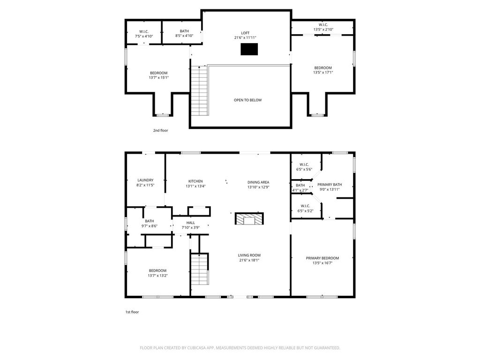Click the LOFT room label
pos(245,33)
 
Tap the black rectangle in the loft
pos(249,49)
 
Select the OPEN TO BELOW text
pos(247,100)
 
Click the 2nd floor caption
pos(161,130)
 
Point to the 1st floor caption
pos(132,312)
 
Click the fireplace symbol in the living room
pos(249,218)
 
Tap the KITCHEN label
pos(195,181)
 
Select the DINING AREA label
pos(258,182)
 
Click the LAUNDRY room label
pos(145,180)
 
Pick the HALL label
pos(191,223)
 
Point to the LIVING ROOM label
pos(249,255)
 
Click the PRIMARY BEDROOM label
pos(322,258)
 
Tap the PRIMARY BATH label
pos(330,185)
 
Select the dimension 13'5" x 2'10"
pos(323,30)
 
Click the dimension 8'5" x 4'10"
pos(184,36)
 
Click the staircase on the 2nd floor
pos(200,90)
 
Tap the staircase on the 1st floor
pos(200,270)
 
